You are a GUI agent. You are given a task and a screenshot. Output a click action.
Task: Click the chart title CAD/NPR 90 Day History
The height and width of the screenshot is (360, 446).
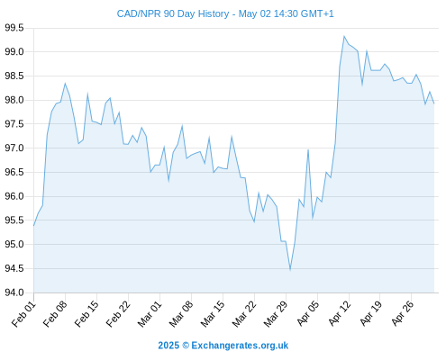pyautogui.click(x=173, y=13)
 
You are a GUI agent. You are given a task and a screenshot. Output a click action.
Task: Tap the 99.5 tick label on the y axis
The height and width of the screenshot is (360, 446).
pyautogui.click(x=14, y=28)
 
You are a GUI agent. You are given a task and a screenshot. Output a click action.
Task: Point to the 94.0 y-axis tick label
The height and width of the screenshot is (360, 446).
pyautogui.click(x=14, y=292)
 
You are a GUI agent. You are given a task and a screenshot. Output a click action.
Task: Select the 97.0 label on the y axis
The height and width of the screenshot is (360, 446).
pyautogui.click(x=14, y=148)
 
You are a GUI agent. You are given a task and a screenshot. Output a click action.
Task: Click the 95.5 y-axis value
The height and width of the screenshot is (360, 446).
pyautogui.click(x=14, y=220)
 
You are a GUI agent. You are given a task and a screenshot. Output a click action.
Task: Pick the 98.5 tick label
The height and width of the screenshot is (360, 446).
pyautogui.click(x=14, y=76)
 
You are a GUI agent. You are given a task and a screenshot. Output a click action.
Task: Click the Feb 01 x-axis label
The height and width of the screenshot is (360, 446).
pyautogui.click(x=24, y=314)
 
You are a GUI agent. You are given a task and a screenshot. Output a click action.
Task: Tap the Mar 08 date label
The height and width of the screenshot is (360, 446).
pyautogui.click(x=182, y=314)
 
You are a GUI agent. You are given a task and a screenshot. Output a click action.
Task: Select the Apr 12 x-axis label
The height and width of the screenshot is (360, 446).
pyautogui.click(x=340, y=314)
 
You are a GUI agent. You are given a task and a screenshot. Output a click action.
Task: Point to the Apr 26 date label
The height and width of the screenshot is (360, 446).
pyautogui.click(x=403, y=314)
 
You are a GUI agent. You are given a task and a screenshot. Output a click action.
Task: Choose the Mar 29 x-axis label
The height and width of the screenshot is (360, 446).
pyautogui.click(x=277, y=314)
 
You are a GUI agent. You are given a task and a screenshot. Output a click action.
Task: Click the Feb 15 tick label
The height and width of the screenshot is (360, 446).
pyautogui.click(x=87, y=314)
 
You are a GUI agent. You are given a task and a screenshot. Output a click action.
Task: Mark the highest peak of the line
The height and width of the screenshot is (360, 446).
pyautogui.click(x=344, y=36)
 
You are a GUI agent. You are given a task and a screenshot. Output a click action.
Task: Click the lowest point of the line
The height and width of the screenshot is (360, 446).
pyautogui.click(x=290, y=270)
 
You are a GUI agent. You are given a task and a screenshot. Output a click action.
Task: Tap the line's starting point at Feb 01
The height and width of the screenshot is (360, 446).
pyautogui.click(x=33, y=226)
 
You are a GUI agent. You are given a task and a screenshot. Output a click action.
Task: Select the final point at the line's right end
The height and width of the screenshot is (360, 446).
pyautogui.click(x=434, y=103)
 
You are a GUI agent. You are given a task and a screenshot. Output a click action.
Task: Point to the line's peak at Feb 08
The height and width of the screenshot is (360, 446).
pyautogui.click(x=65, y=84)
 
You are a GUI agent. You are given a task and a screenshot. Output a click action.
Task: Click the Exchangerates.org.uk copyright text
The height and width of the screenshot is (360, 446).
pyautogui.click(x=223, y=346)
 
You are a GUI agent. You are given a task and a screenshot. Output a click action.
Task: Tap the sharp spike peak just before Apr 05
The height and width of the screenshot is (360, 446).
pyautogui.click(x=308, y=149)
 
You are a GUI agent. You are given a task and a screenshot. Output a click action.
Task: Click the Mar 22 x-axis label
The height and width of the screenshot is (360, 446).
pyautogui.click(x=245, y=314)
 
